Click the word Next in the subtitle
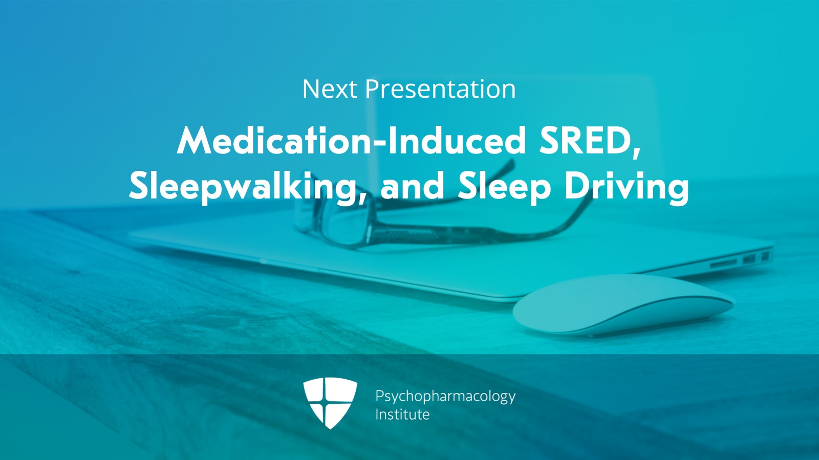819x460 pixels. point(330,89)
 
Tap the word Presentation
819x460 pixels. point(441,89)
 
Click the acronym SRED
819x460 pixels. point(586,141)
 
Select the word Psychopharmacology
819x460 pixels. point(445,397)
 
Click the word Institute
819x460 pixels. point(402,414)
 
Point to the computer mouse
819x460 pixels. point(623,305)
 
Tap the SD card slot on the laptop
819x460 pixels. point(724,262)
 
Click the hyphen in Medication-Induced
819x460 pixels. point(381,143)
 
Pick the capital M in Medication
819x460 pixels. point(194,141)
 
